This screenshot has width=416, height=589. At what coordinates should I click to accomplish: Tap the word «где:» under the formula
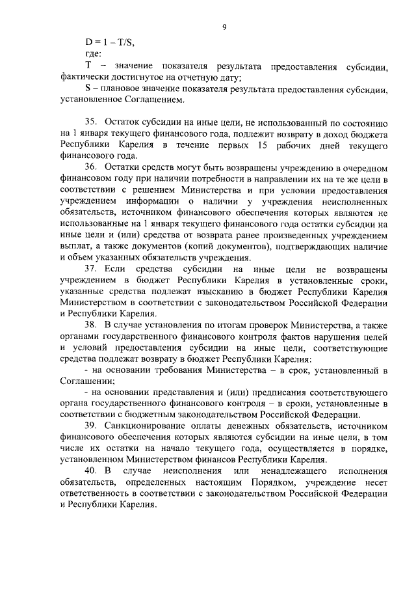coord(94,55)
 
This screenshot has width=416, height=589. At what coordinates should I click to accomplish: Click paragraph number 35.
coord(91,123)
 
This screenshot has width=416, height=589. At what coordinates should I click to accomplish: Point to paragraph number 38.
coord(91,323)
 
